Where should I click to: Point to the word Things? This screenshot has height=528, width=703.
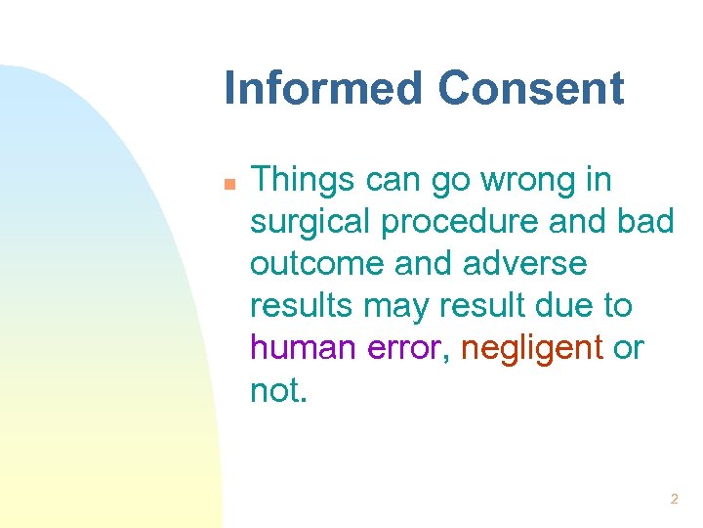pos(303,180)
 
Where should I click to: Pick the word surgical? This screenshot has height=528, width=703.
pos(310,224)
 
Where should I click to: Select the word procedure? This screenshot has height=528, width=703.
pos(456,224)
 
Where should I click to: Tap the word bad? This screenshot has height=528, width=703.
pos(645,222)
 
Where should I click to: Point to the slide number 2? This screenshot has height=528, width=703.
pos(674,499)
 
